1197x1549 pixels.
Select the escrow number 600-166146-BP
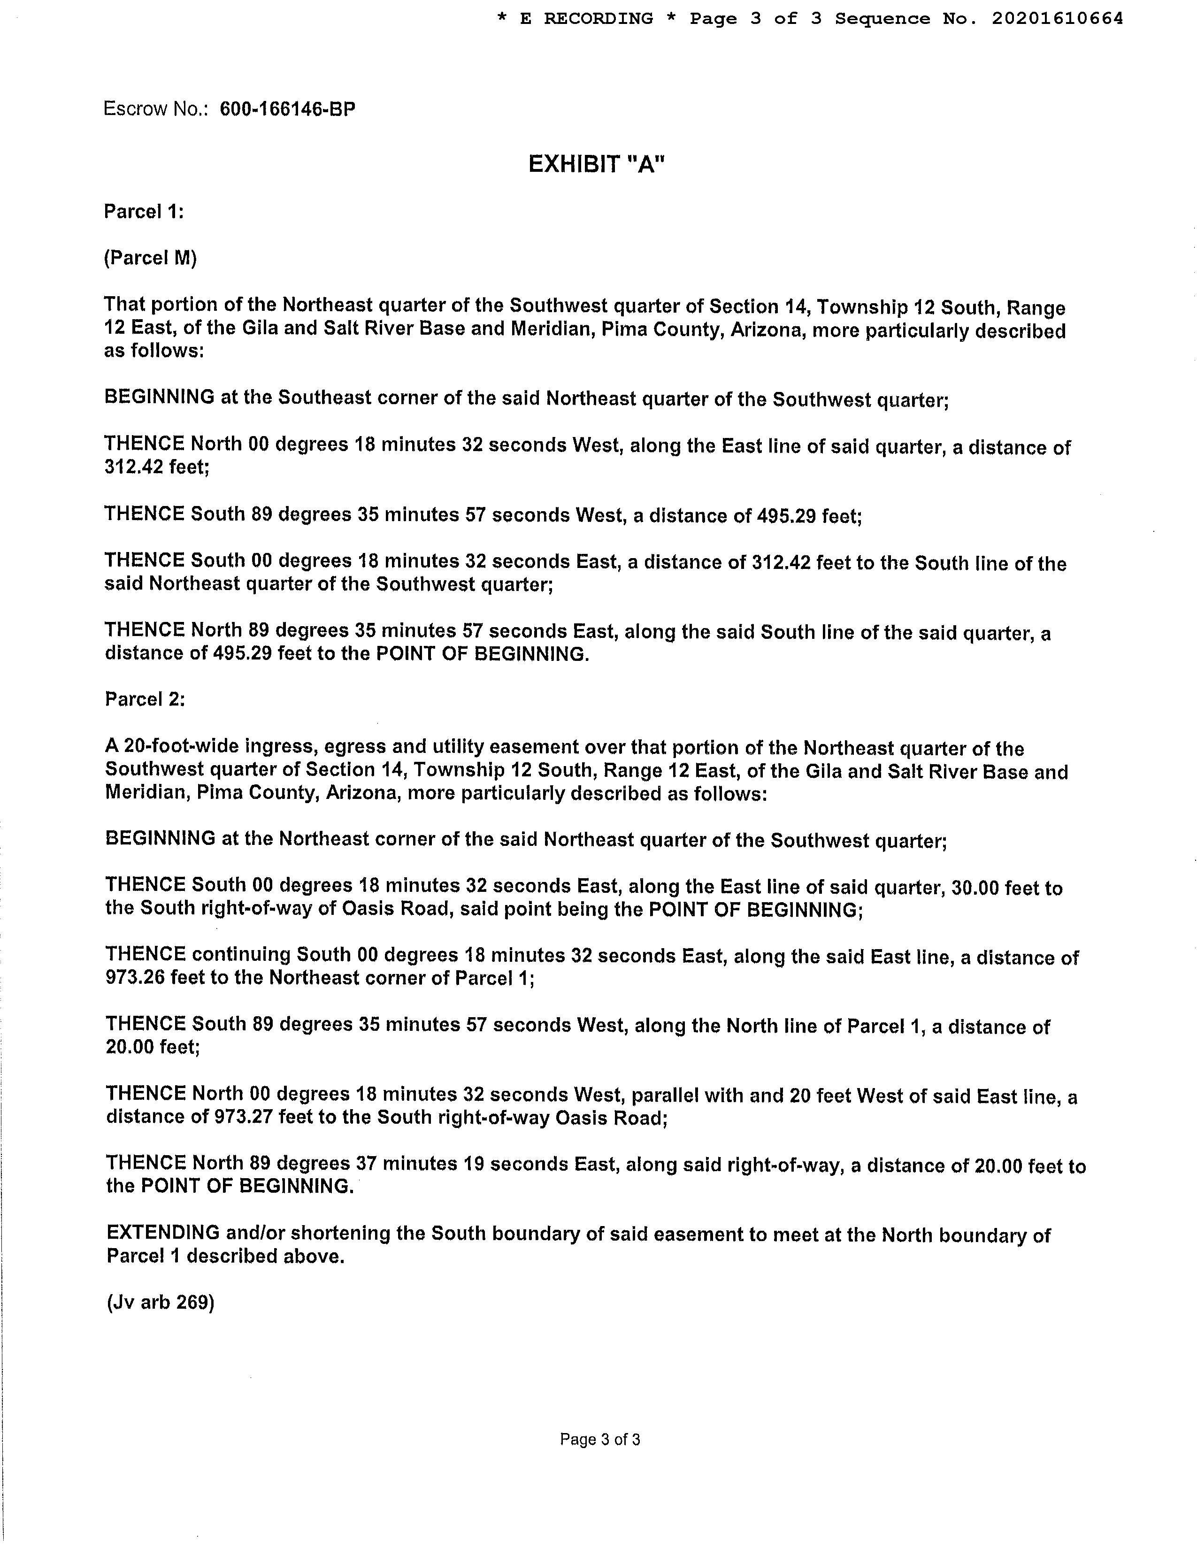287,109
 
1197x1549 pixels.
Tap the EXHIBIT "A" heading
597,165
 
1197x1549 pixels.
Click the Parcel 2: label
145,699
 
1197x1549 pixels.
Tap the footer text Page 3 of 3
600,1439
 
